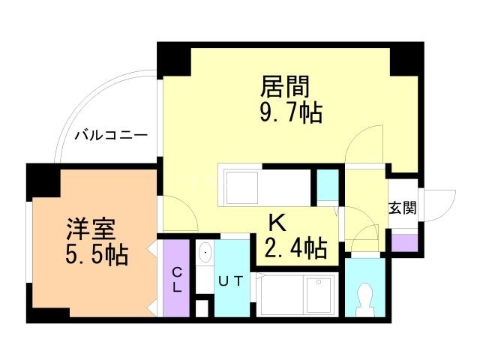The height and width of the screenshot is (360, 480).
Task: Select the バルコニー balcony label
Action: point(110,136)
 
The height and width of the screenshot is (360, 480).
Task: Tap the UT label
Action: point(230,281)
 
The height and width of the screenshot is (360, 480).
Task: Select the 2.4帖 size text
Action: point(296,247)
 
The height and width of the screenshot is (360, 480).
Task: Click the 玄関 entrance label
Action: point(402,208)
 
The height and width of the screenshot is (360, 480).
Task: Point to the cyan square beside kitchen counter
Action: point(327,184)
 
